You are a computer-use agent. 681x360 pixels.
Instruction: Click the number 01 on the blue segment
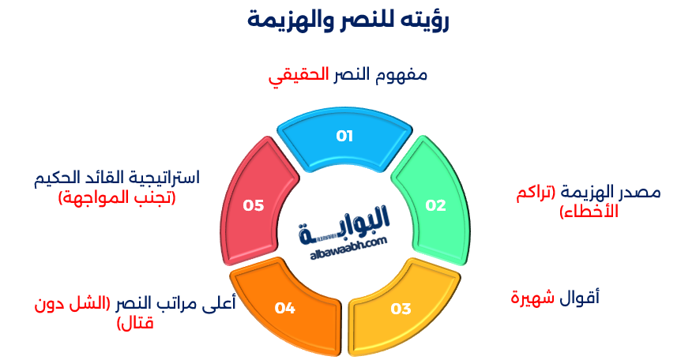click(344, 136)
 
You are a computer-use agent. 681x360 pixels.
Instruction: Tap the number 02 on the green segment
click(435, 205)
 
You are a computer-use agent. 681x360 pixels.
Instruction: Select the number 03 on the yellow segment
click(401, 308)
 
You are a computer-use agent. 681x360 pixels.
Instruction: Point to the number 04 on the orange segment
click(284, 308)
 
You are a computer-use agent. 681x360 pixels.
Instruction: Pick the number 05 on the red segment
click(253, 205)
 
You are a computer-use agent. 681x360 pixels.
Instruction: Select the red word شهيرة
click(532, 298)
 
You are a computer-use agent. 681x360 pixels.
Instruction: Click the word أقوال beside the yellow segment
click(580, 298)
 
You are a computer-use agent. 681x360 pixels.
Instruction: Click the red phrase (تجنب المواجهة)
click(117, 197)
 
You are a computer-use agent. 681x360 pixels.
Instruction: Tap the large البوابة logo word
click(345, 221)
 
